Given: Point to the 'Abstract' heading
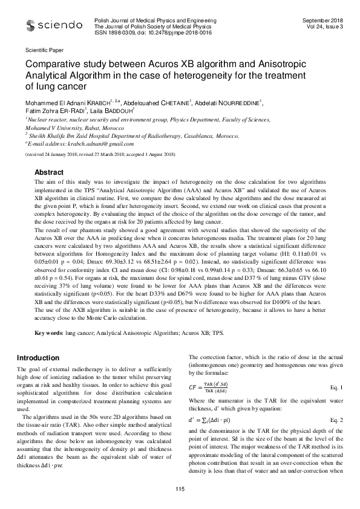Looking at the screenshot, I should click(x=49, y=172).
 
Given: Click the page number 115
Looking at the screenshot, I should click(x=180, y=489).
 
